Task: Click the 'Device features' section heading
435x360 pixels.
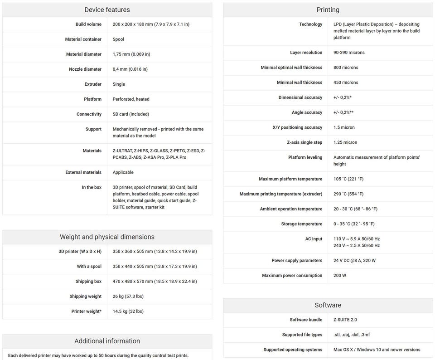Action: point(107,10)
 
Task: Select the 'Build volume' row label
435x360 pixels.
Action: point(88,24)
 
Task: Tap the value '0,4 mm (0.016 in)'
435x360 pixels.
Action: point(130,69)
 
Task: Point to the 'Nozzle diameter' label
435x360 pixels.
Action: point(85,69)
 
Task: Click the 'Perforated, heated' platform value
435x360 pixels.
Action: point(131,99)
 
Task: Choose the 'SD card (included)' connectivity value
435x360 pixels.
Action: point(131,114)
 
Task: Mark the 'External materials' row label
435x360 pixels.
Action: point(83,172)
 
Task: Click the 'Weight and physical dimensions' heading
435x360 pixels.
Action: point(107,237)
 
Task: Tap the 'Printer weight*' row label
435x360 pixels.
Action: point(86,311)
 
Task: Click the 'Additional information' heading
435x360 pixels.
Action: point(107,341)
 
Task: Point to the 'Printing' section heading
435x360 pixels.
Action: point(328,10)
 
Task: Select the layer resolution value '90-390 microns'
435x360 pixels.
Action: point(349,53)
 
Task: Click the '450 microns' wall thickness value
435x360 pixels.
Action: point(346,83)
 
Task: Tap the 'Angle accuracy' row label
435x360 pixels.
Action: point(307,112)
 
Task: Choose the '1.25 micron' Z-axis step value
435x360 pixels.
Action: point(345,142)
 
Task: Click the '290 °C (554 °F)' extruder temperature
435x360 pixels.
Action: point(348,194)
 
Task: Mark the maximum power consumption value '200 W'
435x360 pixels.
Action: point(340,276)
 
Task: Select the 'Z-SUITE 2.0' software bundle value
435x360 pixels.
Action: point(345,320)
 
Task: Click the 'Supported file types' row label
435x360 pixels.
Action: point(302,335)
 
